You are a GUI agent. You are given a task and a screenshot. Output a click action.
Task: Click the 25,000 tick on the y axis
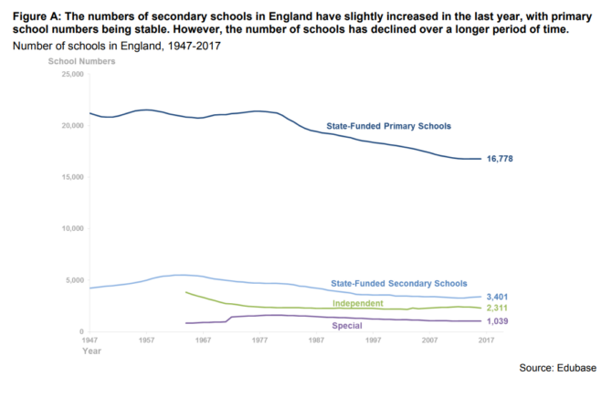(x=70, y=73)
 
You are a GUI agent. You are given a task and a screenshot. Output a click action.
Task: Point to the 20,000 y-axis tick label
(x=70, y=125)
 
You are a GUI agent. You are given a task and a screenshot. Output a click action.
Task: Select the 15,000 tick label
(x=70, y=177)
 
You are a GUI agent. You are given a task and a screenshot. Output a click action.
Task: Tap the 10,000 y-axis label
(x=70, y=228)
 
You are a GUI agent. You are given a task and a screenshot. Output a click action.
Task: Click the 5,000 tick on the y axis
(x=73, y=280)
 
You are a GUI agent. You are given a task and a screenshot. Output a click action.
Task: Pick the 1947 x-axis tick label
(x=89, y=340)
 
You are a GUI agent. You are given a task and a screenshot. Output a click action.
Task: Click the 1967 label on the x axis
(x=203, y=340)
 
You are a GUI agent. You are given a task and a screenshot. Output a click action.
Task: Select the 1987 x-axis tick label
(x=317, y=340)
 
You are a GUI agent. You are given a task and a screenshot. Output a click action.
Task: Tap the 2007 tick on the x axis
(x=430, y=340)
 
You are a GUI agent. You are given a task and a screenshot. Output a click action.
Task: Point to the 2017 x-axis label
(x=487, y=340)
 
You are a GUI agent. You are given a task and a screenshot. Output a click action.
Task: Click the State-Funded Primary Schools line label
(x=389, y=125)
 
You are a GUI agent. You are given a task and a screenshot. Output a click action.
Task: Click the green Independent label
(x=357, y=302)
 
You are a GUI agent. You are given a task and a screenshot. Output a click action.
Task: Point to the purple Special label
(x=346, y=324)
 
